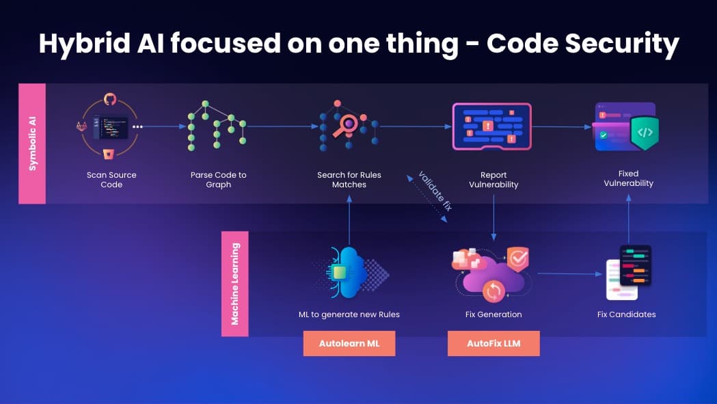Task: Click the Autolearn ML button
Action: [x=349, y=343]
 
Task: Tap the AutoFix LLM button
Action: [x=493, y=343]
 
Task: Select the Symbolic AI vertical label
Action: [x=32, y=143]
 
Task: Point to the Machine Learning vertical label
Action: [x=235, y=284]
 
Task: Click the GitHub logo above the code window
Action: [x=110, y=99]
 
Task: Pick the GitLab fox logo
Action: [x=82, y=126]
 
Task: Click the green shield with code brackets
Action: [x=645, y=133]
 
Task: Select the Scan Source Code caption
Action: [x=111, y=180]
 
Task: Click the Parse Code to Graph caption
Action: [x=219, y=180]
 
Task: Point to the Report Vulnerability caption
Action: [x=493, y=180]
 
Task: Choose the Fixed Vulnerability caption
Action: [x=628, y=178]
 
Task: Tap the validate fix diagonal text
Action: [x=435, y=191]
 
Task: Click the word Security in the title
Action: [x=623, y=44]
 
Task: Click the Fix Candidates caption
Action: [x=627, y=314]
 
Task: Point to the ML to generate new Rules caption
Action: [x=349, y=314]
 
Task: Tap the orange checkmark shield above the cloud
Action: [x=517, y=258]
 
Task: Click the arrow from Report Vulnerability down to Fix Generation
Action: [x=493, y=218]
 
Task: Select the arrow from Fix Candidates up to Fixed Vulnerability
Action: [x=629, y=219]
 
